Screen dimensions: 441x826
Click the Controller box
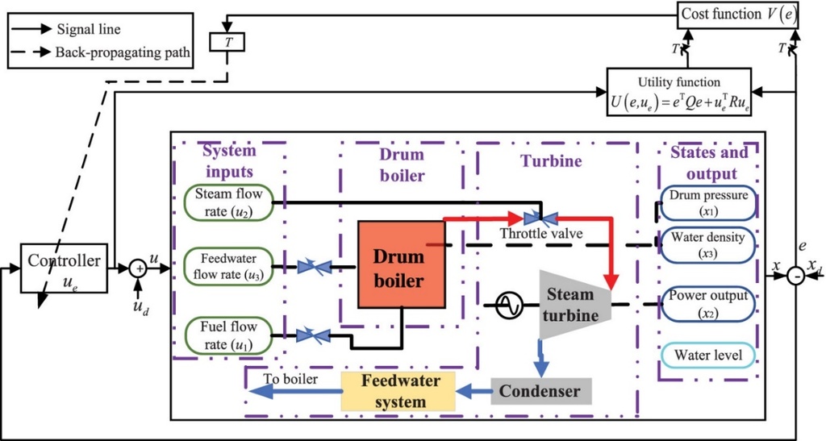pos(65,266)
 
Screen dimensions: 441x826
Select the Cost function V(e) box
pos(736,14)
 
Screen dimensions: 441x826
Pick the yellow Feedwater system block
pos(398,391)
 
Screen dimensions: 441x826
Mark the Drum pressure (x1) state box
pos(707,202)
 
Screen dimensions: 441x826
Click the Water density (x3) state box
pos(707,244)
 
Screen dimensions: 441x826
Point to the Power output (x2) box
pos(707,303)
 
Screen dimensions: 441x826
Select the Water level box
pos(707,355)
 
